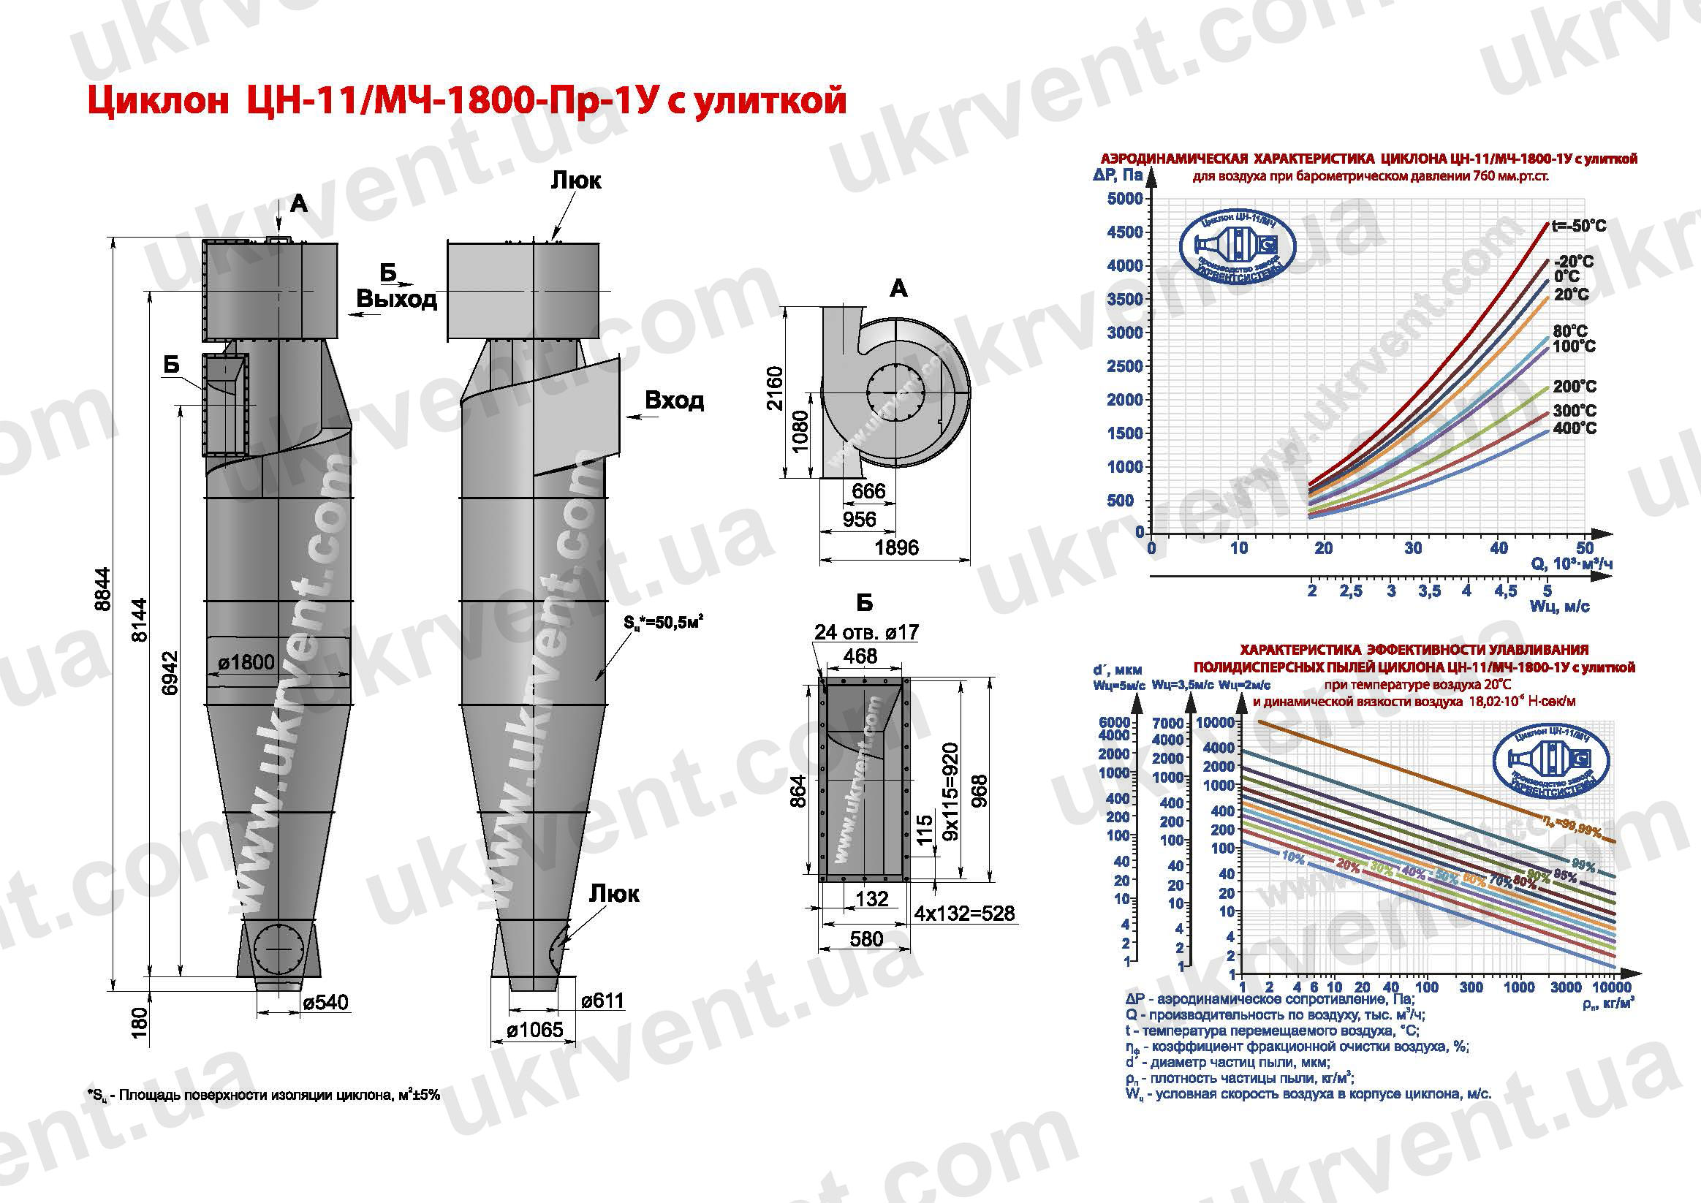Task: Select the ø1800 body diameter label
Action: (x=246, y=661)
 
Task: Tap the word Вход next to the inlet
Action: (x=674, y=400)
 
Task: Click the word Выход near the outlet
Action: (x=396, y=299)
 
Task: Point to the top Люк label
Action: (x=575, y=180)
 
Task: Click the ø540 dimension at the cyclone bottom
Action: (x=325, y=1003)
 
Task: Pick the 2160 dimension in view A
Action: (x=774, y=387)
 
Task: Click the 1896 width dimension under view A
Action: (x=896, y=547)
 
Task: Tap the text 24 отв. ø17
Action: (x=866, y=632)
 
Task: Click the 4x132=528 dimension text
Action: (x=964, y=914)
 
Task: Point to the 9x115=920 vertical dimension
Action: (x=951, y=791)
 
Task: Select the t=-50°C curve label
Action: (x=1579, y=226)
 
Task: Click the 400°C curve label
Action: (x=1575, y=428)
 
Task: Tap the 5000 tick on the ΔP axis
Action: (x=1124, y=199)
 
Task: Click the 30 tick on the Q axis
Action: (x=1413, y=548)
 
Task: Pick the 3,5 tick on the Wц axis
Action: (x=1429, y=591)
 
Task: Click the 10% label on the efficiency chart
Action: (x=1292, y=857)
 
